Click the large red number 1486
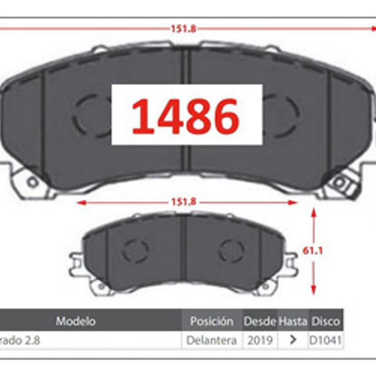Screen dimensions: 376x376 pyautogui.click(x=186, y=116)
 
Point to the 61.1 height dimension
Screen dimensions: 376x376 pyautogui.click(x=317, y=251)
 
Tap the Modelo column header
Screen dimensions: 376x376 pyautogui.click(x=76, y=321)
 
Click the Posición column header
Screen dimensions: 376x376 pyautogui.click(x=212, y=321)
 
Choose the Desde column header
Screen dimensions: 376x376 pyautogui.click(x=259, y=321)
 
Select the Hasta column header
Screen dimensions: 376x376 pyautogui.click(x=292, y=321)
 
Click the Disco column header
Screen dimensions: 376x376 pyautogui.click(x=325, y=321)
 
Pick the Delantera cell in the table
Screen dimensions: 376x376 pyautogui.click(x=212, y=340)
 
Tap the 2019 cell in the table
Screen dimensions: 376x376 pyautogui.click(x=260, y=340)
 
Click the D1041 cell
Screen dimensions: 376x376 pyautogui.click(x=325, y=340)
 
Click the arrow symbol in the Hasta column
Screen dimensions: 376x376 pyautogui.click(x=292, y=340)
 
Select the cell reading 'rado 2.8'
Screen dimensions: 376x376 pyautogui.click(x=20, y=340)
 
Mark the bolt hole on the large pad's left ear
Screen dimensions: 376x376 pyautogui.click(x=33, y=182)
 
